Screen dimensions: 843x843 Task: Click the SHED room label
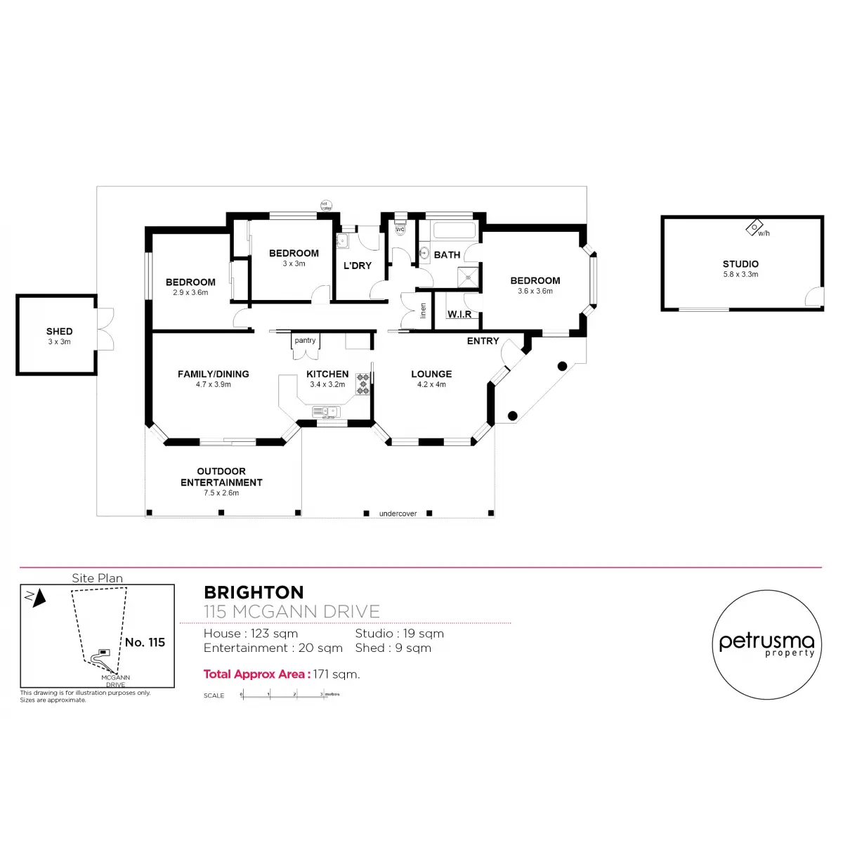[59, 331]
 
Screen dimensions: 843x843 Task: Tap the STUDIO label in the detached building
[740, 264]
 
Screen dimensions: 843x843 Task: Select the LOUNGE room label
[431, 374]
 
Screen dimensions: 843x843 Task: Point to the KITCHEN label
[327, 374]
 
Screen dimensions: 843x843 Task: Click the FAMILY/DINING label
[213, 374]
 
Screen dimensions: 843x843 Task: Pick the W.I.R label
[459, 314]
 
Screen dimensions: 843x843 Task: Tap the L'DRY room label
[357, 266]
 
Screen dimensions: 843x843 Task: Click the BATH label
[447, 255]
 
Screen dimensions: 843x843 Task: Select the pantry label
[305, 341]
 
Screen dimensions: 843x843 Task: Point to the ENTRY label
[483, 341]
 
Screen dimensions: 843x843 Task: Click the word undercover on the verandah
[398, 514]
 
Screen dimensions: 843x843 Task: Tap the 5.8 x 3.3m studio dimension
[740, 275]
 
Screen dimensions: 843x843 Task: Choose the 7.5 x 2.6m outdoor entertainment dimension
[221, 493]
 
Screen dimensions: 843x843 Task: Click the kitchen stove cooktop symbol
[363, 383]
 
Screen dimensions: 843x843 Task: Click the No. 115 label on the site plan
[145, 642]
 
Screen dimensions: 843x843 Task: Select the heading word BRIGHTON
[254, 593]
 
